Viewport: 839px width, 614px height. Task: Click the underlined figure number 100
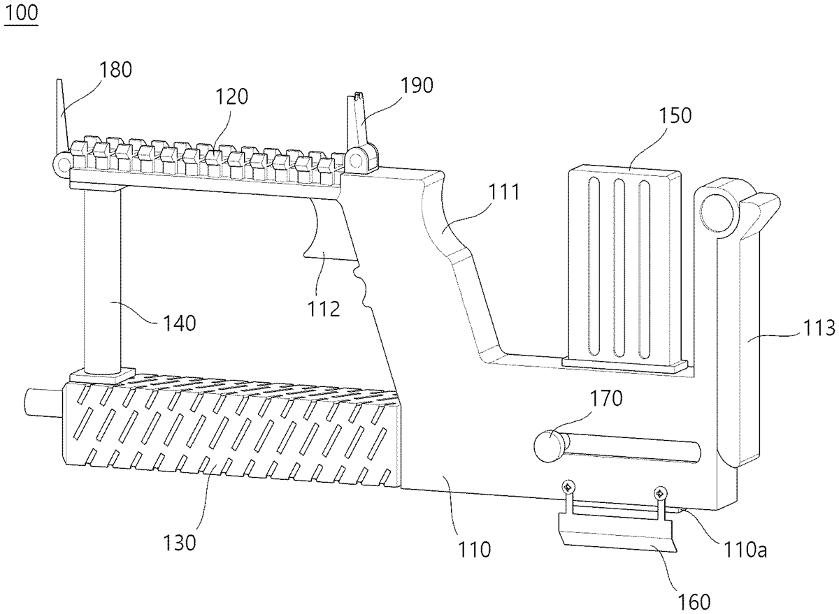[x=22, y=13]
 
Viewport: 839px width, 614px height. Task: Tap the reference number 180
[x=115, y=70]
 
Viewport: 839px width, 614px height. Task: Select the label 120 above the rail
[x=231, y=96]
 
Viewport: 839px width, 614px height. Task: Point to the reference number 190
[x=417, y=85]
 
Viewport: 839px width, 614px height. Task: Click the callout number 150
[x=675, y=116]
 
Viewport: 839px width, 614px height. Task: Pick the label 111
[x=504, y=192]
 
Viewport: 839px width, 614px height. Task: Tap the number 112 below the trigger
[x=324, y=309]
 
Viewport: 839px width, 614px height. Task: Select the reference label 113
[x=819, y=328]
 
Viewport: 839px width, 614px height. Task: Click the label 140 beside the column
[x=180, y=323]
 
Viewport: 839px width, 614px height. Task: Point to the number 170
[x=606, y=398]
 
